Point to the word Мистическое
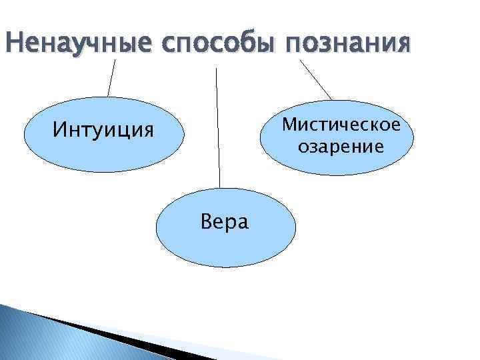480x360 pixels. click(341, 125)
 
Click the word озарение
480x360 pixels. click(341, 146)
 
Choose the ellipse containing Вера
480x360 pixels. click(225, 247)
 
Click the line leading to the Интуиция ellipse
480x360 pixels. click(112, 78)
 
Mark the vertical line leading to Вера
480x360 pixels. click(217, 127)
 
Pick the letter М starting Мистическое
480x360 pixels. click(289, 125)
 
